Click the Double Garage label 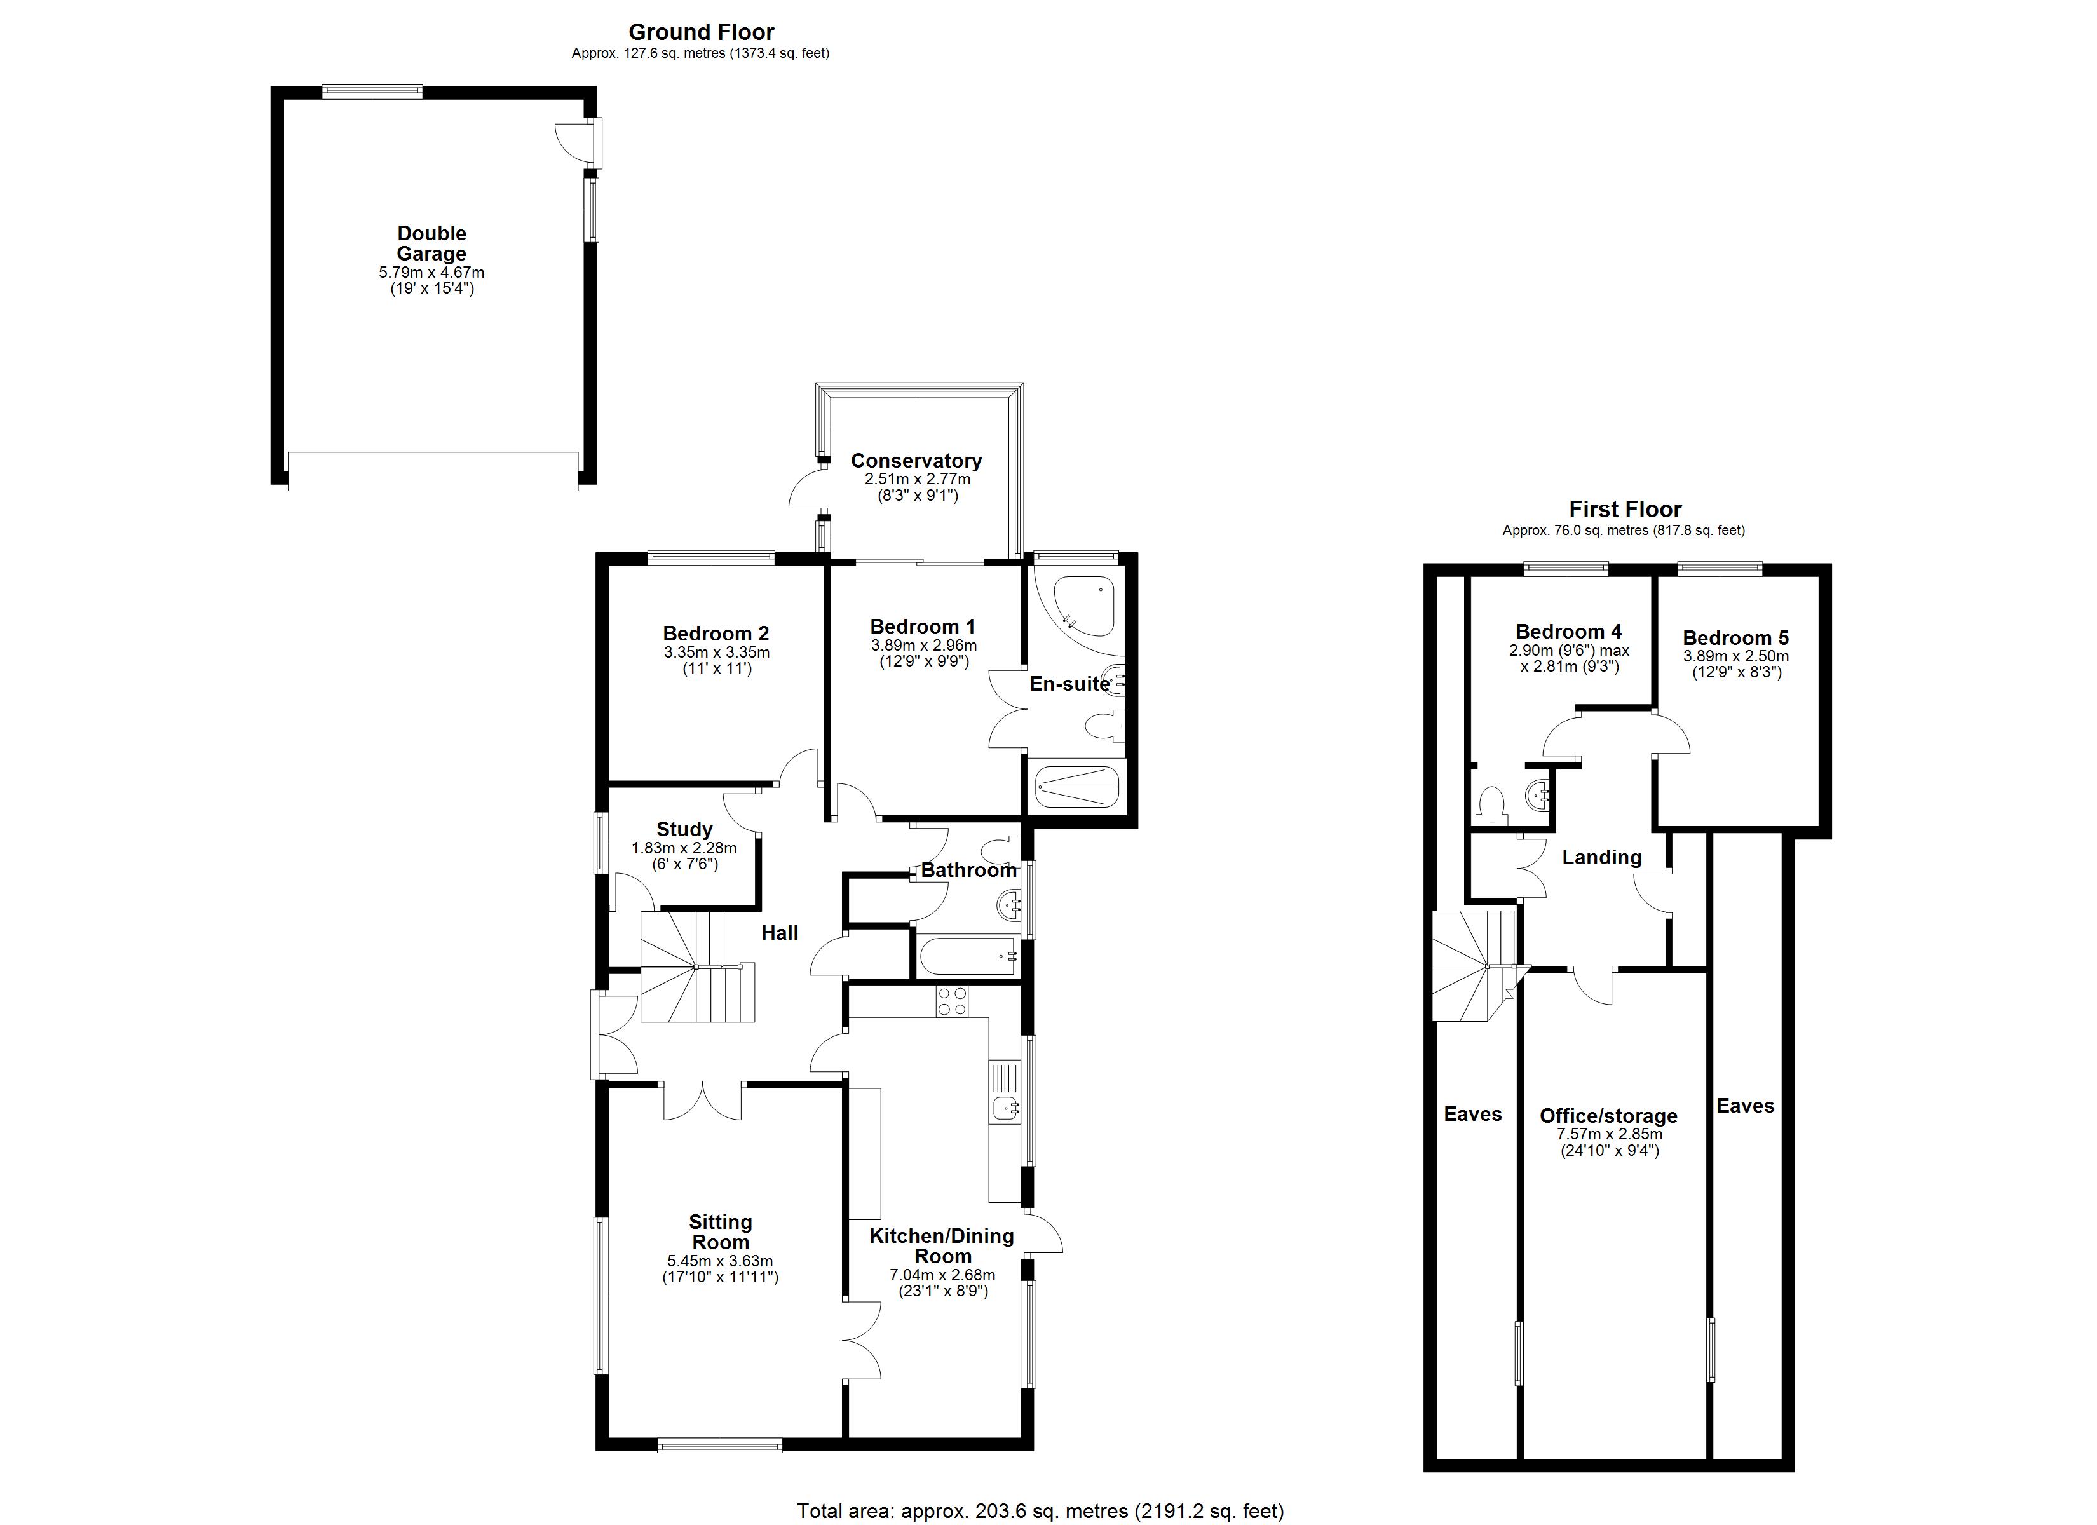(x=431, y=243)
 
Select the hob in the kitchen (x=953, y=1001)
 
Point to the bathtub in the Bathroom (x=967, y=955)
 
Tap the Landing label (x=1601, y=857)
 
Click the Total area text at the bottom (x=1040, y=1511)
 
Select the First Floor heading (x=1624, y=510)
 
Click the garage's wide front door (x=433, y=471)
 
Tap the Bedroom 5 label (x=1735, y=638)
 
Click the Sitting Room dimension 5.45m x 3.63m (x=719, y=1261)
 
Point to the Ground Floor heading (x=701, y=33)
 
